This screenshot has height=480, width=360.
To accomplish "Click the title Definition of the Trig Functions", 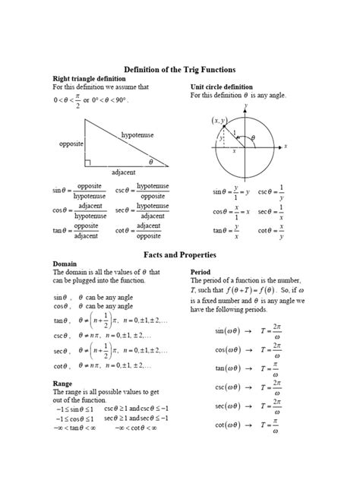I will click(180, 69).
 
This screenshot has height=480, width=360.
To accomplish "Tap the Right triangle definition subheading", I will click(86, 79).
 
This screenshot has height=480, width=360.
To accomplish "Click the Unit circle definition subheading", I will click(221, 87).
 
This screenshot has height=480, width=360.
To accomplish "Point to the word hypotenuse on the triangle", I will click(137, 134).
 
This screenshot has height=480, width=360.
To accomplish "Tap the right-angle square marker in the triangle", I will click(89, 162).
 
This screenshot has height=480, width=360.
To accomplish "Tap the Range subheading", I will click(62, 384).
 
